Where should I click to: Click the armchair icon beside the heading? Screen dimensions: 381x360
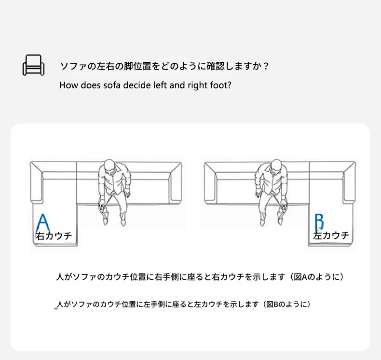(34, 65)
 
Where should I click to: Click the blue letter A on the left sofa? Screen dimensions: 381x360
(43, 222)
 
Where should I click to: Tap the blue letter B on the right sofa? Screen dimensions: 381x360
(319, 222)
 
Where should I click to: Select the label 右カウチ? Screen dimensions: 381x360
(54, 236)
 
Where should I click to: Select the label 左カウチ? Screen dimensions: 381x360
(331, 235)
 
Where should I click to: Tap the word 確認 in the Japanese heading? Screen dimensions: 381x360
(216, 66)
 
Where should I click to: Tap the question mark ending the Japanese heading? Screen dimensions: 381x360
(266, 66)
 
